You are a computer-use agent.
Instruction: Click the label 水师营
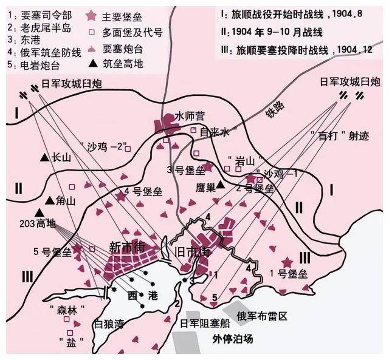point(188,115)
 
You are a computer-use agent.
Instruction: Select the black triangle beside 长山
point(44,158)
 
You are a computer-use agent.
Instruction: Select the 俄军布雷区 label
point(262,314)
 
